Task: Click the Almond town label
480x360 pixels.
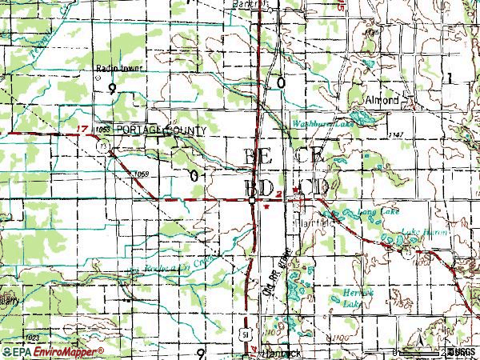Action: [382, 101]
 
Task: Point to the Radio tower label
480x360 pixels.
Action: [118, 68]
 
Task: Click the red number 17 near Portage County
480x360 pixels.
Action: [78, 128]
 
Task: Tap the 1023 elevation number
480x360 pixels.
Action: [32, 338]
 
